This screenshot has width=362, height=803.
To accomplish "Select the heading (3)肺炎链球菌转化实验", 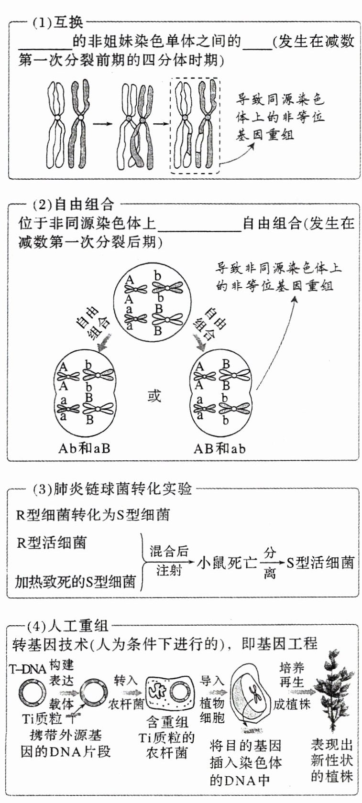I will (113, 489).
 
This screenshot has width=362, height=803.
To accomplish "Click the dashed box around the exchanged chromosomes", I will (195, 126).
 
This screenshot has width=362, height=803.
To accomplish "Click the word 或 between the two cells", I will (154, 396).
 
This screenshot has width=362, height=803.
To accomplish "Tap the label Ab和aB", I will (84, 448).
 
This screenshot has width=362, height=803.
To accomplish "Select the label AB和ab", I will (219, 448).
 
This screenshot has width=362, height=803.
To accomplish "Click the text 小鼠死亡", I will (227, 562).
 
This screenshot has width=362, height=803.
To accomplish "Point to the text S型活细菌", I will (320, 562).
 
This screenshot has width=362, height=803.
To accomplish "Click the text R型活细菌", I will (52, 543).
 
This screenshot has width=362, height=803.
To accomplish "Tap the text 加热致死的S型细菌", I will (76, 581).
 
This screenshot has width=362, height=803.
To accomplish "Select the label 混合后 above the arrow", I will (169, 551).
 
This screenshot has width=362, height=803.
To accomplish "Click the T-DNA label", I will (28, 669).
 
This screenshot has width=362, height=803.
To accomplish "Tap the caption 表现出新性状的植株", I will (331, 760).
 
